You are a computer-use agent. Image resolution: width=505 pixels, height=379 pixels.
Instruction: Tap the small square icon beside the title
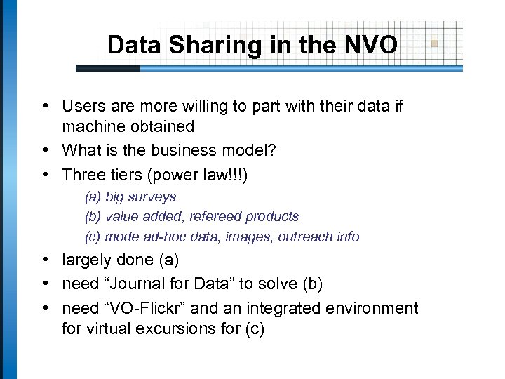pyautogui.click(x=434, y=44)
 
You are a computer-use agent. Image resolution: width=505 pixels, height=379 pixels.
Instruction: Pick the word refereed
pyautogui.click(x=210, y=217)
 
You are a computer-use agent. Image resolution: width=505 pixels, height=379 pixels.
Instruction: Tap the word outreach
pyautogui.click(x=302, y=237)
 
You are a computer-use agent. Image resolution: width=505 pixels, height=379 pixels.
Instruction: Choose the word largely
pyautogui.click(x=87, y=260)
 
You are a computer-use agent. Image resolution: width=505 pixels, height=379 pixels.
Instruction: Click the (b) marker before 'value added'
pyautogui.click(x=93, y=217)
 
